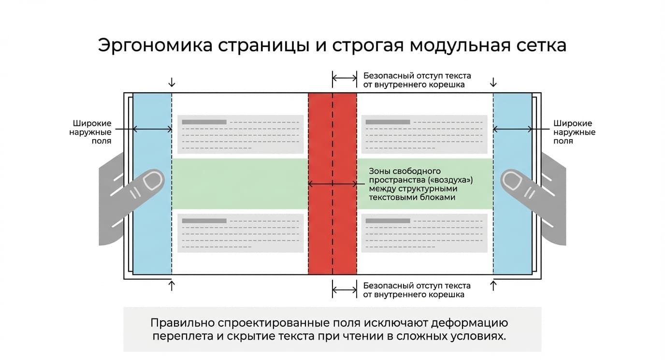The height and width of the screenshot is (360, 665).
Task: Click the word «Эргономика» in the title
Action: [x=155, y=46]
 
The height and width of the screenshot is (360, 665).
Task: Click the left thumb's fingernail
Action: [x=153, y=180]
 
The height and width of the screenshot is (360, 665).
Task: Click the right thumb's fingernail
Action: [x=512, y=180]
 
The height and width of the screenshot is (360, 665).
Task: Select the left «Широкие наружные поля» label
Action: [x=90, y=132]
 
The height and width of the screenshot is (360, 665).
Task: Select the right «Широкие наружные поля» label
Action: [x=574, y=132]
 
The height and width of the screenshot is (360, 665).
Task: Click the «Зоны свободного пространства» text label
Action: [x=420, y=184]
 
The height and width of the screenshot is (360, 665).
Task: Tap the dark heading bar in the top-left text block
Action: [x=204, y=122]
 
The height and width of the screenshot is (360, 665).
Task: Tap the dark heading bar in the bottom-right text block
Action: [x=388, y=221]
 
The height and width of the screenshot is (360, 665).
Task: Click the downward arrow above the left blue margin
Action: [x=172, y=82]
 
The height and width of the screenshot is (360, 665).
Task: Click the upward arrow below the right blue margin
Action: [x=493, y=286]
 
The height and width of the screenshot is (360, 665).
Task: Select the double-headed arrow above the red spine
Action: [x=345, y=78]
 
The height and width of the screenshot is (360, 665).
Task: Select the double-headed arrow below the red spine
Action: [x=345, y=289]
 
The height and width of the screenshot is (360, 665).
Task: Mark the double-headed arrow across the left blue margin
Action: [x=152, y=129]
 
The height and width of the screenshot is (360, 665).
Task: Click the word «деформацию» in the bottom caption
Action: [x=469, y=323]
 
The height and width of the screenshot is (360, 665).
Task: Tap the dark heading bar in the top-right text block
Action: [x=388, y=122]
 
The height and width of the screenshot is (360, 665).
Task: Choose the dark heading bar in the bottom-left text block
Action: [x=204, y=221]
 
